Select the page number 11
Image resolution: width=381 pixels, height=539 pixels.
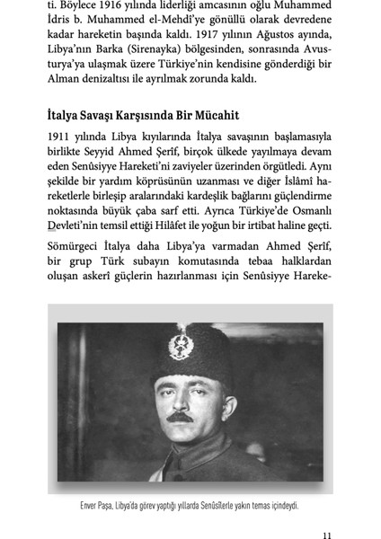(x=327, y=531)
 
